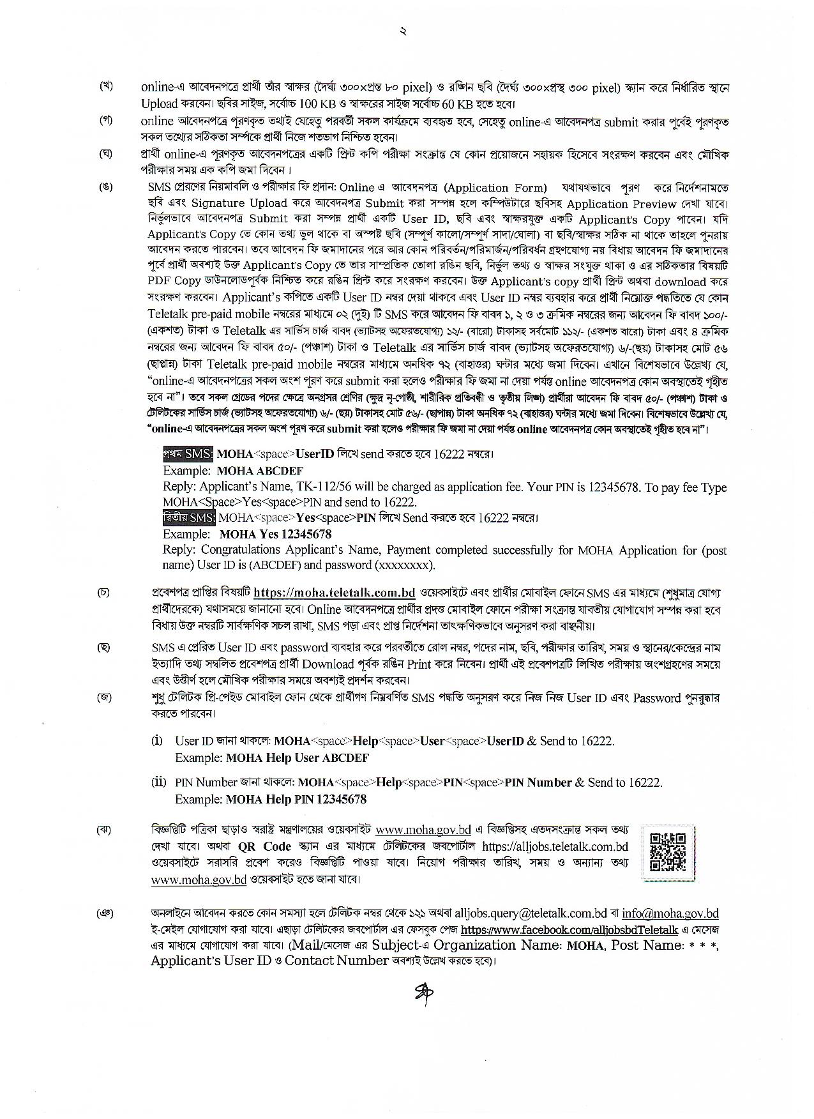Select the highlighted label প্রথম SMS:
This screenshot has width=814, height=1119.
click(188, 454)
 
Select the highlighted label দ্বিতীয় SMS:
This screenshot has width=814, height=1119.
click(189, 517)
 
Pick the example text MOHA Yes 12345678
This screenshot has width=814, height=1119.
click(275, 534)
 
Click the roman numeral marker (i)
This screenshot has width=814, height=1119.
click(157, 741)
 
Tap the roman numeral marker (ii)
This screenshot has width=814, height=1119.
click(158, 782)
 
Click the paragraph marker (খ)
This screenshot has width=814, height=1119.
click(106, 87)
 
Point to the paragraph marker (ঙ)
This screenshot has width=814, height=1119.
click(106, 187)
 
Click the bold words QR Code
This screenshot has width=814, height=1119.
click(264, 846)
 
